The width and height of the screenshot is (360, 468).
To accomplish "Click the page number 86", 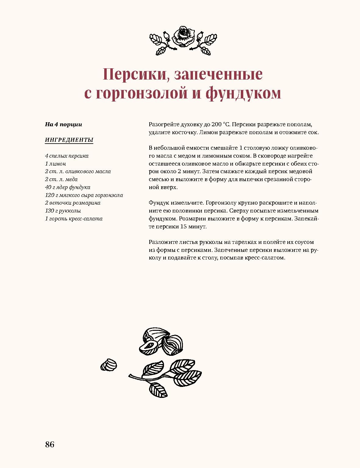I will tap(50, 444).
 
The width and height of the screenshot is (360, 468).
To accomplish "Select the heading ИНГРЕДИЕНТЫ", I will tap(69, 140).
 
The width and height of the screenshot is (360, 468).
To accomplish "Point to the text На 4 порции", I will tap(63, 124).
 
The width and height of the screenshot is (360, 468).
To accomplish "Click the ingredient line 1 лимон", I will tap(55, 164).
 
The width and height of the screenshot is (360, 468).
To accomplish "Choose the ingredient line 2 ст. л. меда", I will tap(61, 179).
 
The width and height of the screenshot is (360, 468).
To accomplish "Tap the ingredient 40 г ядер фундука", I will tap(68, 187).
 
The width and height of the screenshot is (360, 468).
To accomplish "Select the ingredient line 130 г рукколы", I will tap(63, 211).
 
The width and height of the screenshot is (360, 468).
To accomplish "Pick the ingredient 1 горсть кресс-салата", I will tap(74, 219).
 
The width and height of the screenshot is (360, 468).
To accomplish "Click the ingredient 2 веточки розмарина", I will tap(73, 203).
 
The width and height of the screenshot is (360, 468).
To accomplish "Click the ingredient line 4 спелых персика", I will tap(67, 156).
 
